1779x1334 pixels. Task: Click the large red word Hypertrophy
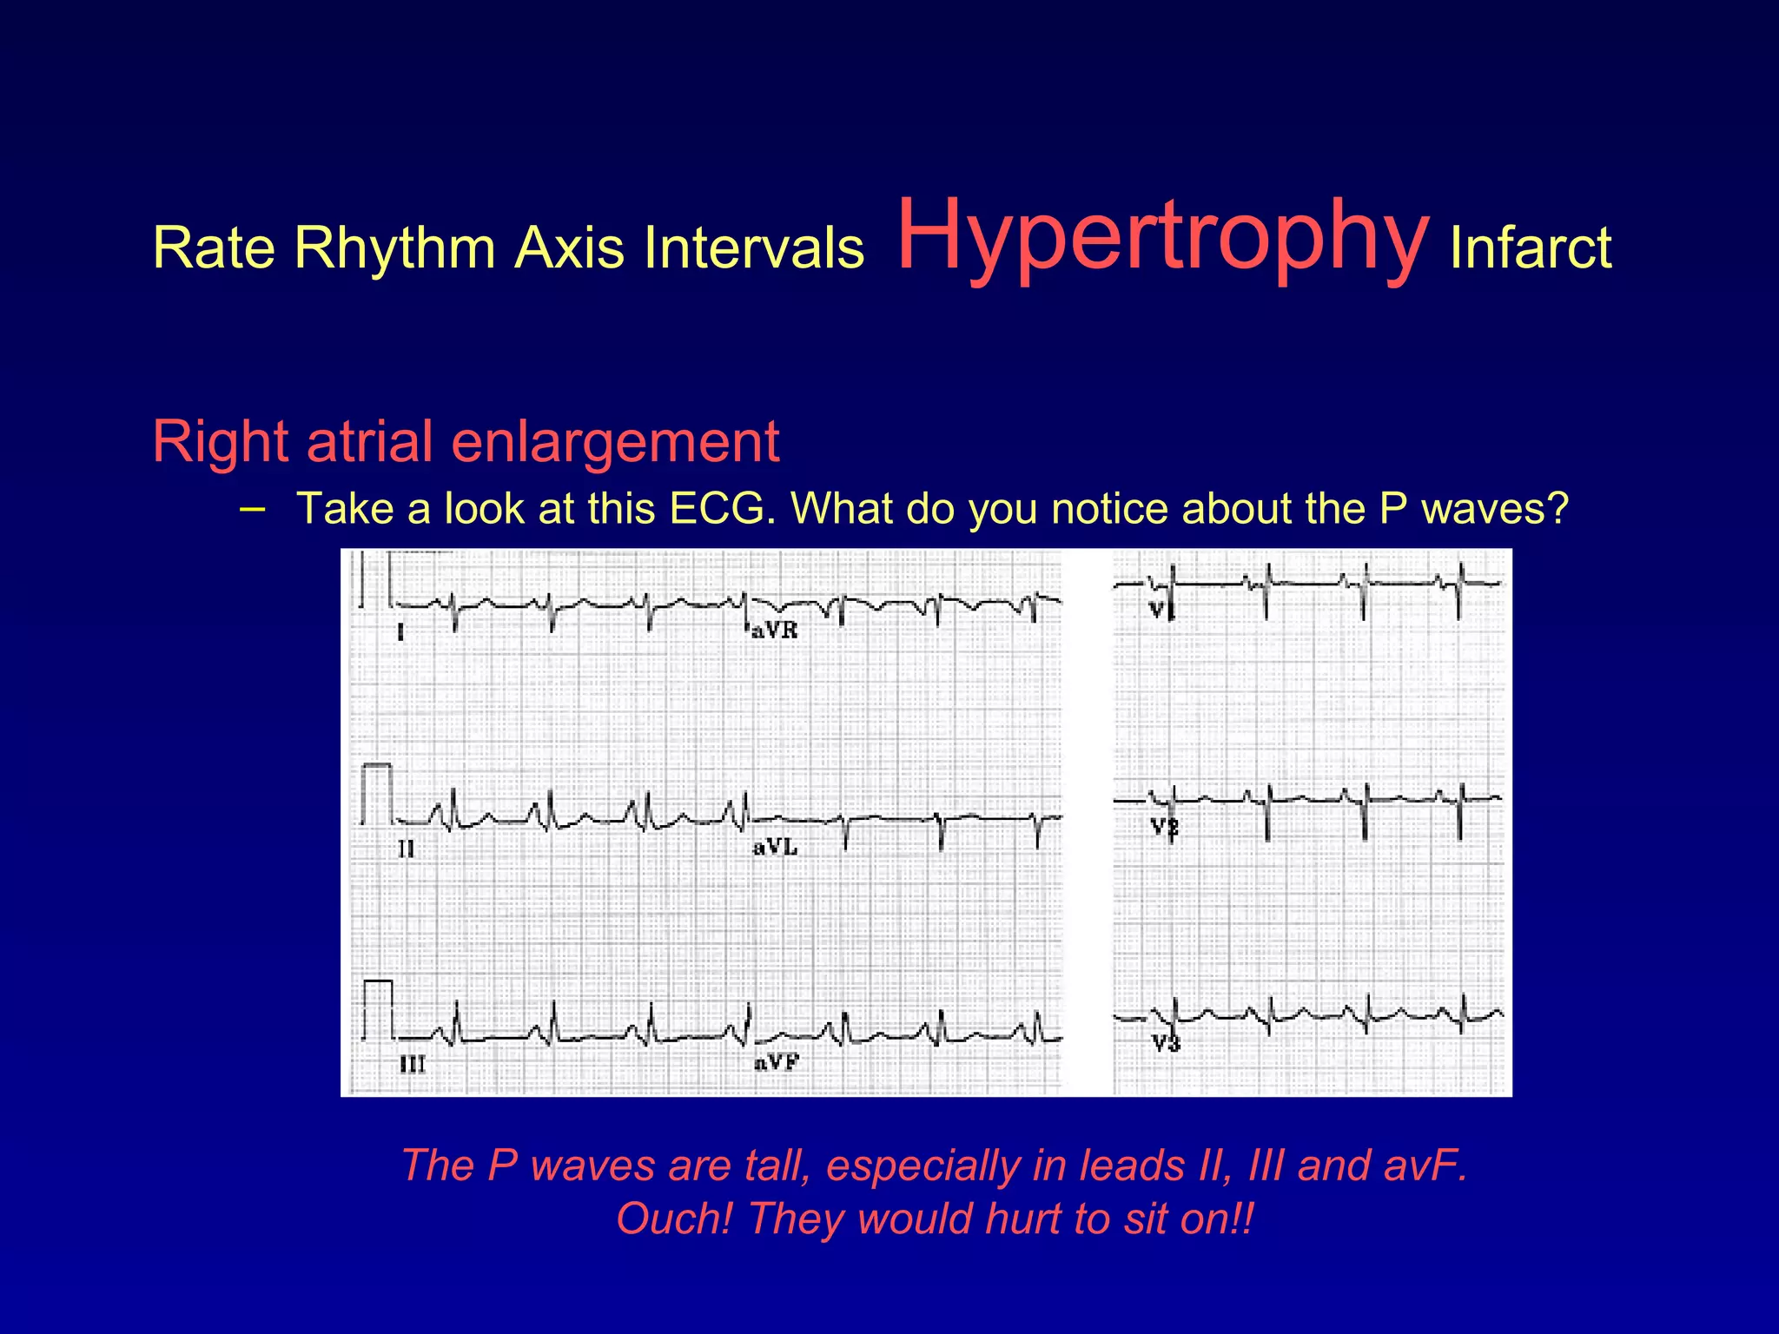click(1162, 236)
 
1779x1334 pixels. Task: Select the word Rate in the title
click(214, 248)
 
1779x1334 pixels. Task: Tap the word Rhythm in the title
click(396, 248)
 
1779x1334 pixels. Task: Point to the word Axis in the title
click(570, 248)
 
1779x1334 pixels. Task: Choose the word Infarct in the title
click(1531, 248)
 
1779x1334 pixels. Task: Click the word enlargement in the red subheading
click(615, 441)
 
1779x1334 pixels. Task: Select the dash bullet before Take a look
click(252, 507)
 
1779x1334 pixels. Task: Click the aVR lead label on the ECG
click(774, 631)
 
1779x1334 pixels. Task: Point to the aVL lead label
click(774, 847)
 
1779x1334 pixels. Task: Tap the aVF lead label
click(776, 1062)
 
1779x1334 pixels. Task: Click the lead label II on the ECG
click(407, 849)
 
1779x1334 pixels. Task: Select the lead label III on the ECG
click(412, 1064)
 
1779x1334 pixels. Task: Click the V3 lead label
click(1166, 1043)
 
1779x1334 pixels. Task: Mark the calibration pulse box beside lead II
click(377, 793)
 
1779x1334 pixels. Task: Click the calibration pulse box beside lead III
click(378, 1009)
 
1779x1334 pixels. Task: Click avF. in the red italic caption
click(1425, 1166)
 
